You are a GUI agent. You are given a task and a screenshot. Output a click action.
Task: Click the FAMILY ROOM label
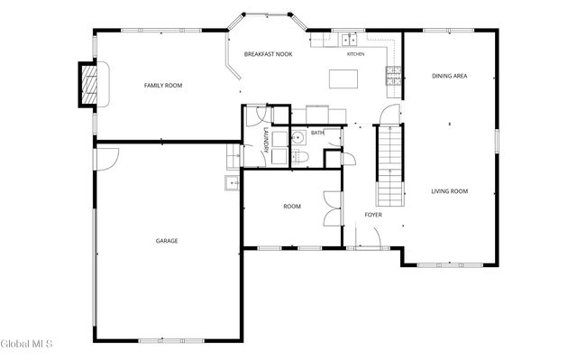tap(163, 86)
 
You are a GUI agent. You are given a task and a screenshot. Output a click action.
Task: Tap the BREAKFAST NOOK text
tap(269, 54)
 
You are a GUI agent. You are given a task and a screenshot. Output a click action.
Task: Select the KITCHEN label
tap(356, 54)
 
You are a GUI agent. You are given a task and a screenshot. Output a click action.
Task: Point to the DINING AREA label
tap(449, 76)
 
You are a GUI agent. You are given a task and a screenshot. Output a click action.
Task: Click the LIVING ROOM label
tap(449, 191)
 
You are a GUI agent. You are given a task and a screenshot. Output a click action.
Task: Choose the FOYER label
tap(373, 215)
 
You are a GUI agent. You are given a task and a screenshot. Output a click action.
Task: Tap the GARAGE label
tap(167, 241)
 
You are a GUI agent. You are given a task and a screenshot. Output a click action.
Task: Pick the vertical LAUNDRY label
tap(266, 140)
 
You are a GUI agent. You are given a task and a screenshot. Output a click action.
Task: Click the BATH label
tap(317, 133)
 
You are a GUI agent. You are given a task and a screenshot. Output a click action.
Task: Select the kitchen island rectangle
tap(343, 78)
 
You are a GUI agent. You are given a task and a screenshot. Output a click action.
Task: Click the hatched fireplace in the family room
tap(89, 85)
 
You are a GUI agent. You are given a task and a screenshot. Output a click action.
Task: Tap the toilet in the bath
tap(300, 157)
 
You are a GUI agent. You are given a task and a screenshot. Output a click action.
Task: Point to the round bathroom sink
tap(298, 138)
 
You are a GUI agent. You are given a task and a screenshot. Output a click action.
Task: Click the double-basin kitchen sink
tap(349, 40)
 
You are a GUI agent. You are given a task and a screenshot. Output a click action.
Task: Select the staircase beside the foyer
tap(389, 166)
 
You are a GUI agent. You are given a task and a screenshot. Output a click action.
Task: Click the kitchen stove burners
tap(393, 76)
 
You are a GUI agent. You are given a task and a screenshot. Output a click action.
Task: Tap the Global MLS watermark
tap(26, 344)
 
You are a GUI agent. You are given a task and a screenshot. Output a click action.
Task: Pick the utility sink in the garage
tap(232, 183)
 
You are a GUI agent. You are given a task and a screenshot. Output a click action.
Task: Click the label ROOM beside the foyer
tap(292, 207)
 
